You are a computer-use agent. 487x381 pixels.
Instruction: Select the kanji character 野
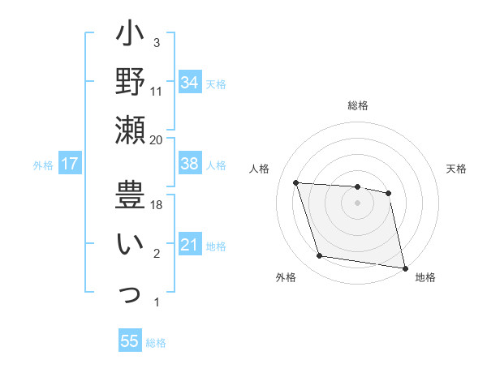tap(130, 82)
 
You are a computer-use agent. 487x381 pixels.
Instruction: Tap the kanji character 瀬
tap(130, 130)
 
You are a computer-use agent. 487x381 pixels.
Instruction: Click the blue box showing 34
tap(190, 82)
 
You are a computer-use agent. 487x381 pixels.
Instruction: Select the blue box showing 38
tap(190, 164)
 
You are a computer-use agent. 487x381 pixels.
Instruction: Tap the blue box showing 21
tap(190, 245)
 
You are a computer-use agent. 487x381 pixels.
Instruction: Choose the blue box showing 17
tap(70, 164)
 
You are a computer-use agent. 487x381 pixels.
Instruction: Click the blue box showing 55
tap(130, 341)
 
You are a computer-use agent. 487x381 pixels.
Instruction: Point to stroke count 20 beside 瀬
tap(157, 140)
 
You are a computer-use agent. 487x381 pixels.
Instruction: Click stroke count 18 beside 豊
tap(157, 206)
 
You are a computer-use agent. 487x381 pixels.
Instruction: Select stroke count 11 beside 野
tap(157, 92)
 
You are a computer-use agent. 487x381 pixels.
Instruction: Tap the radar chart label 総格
tap(358, 105)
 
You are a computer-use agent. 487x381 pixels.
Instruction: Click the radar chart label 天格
tap(457, 169)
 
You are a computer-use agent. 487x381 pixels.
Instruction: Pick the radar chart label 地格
tap(425, 277)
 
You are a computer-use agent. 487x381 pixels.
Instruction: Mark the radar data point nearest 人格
tap(296, 183)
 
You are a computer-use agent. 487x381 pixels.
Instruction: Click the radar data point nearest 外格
tap(320, 256)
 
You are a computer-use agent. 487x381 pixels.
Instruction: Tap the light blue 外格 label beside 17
tap(43, 165)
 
